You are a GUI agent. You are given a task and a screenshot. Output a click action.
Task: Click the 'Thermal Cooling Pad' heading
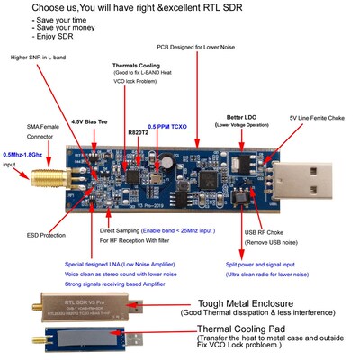point(246,329)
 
